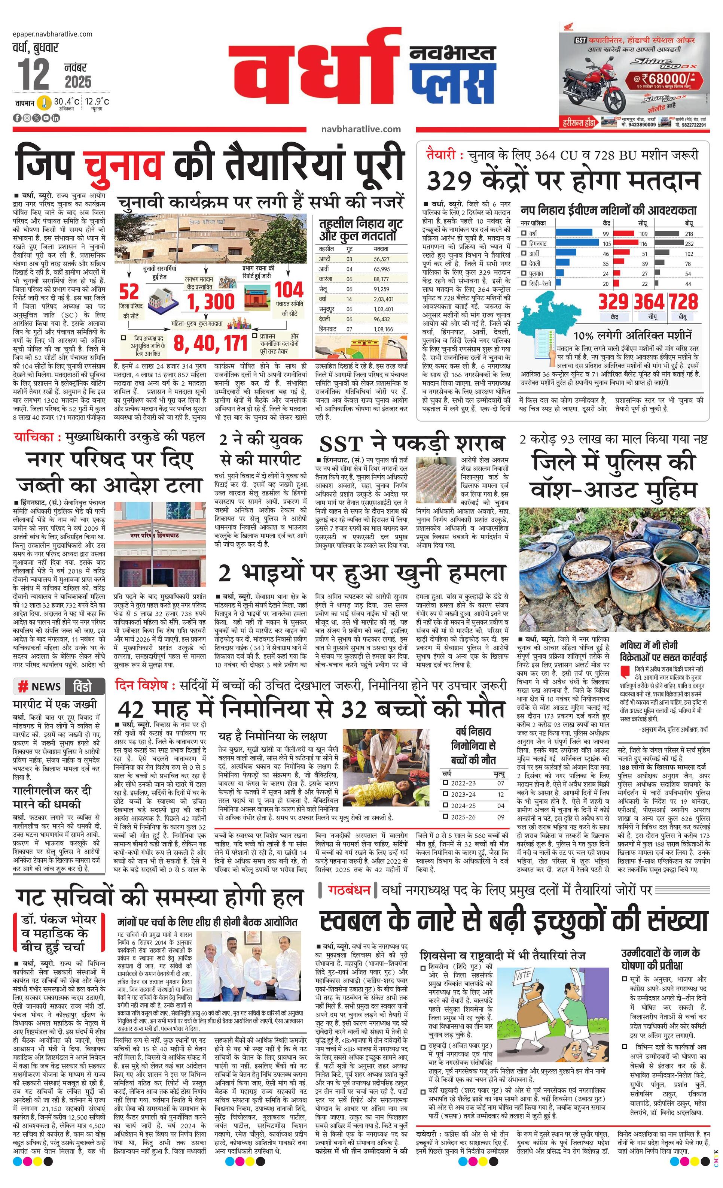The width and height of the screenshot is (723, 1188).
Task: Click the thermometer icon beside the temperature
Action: pos(45,102)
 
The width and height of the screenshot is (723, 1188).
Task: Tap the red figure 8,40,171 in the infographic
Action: pos(210,343)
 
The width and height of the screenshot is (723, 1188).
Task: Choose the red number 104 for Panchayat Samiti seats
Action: pos(289,290)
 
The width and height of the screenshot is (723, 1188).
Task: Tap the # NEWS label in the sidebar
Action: pos(40,687)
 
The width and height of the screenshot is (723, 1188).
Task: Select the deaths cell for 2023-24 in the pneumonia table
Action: pos(500,794)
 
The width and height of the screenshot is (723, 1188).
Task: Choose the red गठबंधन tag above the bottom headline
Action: pos(349,890)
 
